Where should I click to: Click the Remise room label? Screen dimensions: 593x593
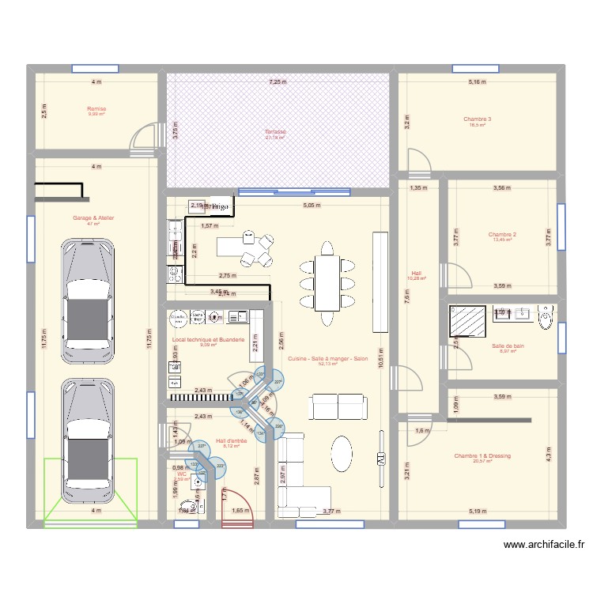click(x=96, y=109)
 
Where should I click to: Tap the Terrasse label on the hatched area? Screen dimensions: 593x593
click(x=275, y=132)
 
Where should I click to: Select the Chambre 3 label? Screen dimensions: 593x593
click(x=478, y=119)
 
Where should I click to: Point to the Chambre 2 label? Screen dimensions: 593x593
click(x=502, y=235)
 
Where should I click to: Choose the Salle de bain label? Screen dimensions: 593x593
click(x=507, y=346)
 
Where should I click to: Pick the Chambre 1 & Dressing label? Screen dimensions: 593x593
click(x=482, y=456)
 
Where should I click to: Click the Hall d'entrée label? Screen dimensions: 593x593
click(x=232, y=440)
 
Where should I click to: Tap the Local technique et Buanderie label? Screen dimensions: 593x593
click(x=208, y=339)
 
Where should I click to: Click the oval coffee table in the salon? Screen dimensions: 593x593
click(x=342, y=456)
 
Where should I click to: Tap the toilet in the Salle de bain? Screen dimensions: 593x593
click(x=546, y=316)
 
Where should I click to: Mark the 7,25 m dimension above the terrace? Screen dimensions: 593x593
click(x=278, y=81)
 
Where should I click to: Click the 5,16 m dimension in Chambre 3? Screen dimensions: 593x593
click(x=478, y=81)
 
